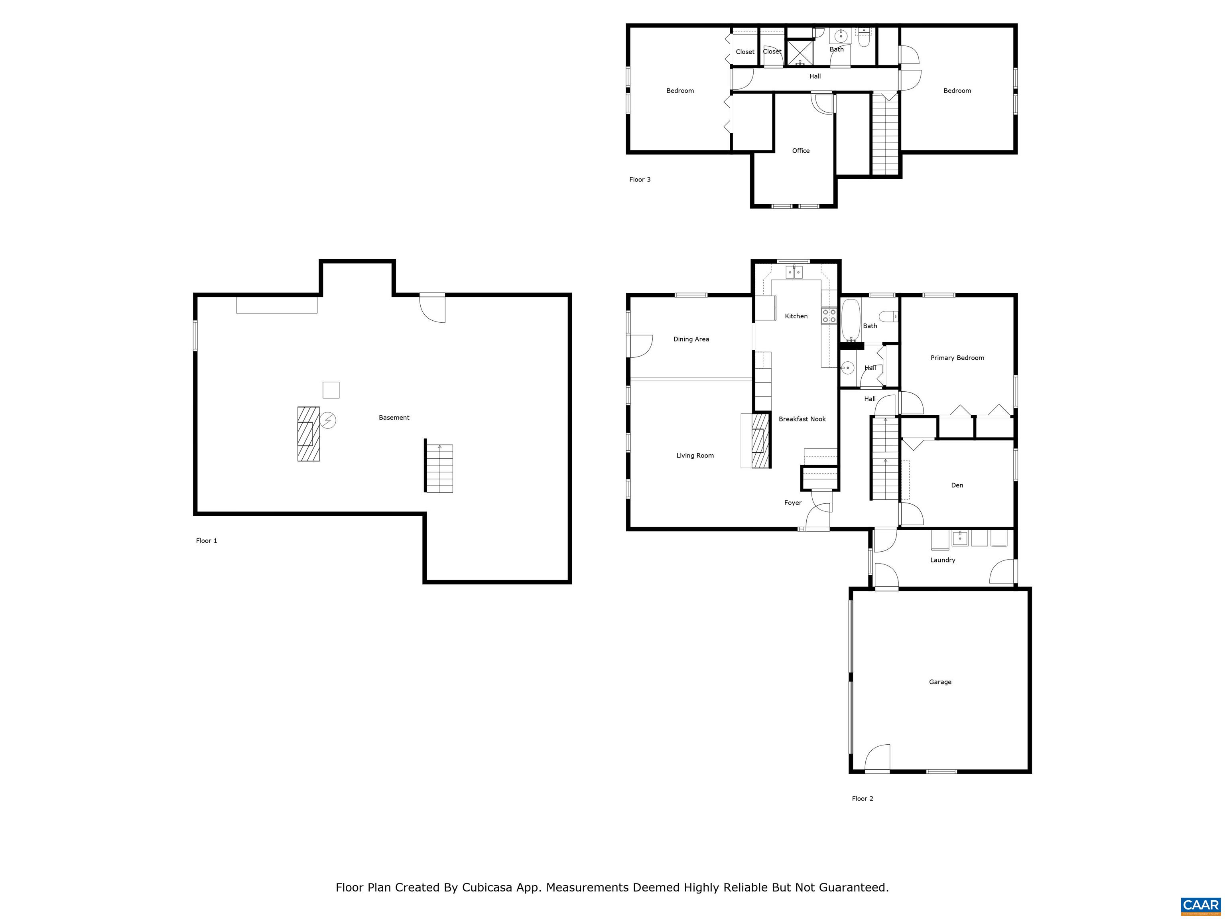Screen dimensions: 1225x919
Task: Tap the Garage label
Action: (940, 682)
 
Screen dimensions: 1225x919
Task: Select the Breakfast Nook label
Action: (802, 419)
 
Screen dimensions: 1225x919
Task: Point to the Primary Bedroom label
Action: (957, 358)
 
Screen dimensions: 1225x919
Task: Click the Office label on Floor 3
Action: (800, 151)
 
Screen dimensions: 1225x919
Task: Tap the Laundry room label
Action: (943, 560)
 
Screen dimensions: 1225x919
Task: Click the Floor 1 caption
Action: (207, 540)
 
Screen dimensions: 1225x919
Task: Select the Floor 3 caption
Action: (640, 179)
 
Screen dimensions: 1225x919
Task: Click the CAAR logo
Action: (1201, 905)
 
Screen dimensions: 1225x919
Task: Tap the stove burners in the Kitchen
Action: (829, 316)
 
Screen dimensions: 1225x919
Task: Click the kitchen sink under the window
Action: (794, 272)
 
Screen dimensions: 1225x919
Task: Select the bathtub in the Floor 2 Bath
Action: (850, 320)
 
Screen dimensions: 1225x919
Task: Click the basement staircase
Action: (439, 466)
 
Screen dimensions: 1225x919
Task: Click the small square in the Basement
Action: (331, 390)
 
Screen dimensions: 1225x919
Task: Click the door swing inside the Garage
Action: (878, 757)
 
